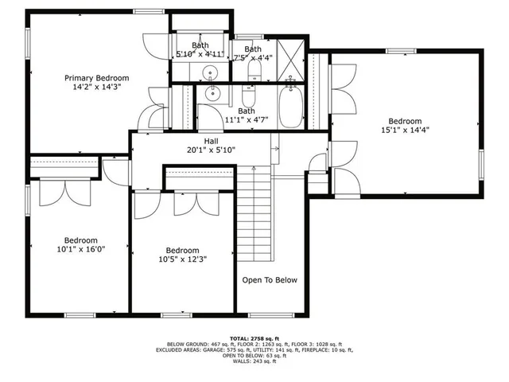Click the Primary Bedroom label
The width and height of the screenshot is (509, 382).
click(96, 78)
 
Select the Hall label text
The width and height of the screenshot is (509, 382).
click(211, 141)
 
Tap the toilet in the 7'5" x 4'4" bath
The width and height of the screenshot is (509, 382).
click(254, 74)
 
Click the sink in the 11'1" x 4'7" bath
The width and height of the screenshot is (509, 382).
click(212, 94)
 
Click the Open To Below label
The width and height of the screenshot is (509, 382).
click(270, 280)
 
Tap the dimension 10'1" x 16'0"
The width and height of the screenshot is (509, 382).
click(80, 249)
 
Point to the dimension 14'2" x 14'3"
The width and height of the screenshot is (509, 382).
click(96, 87)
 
